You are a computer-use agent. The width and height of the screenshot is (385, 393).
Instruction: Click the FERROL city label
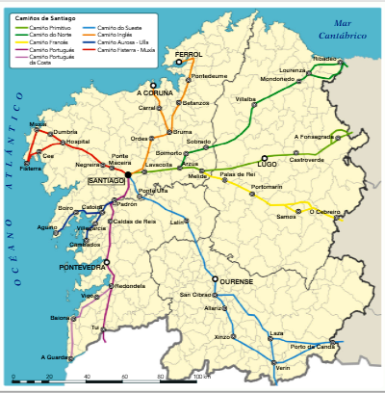[190, 55]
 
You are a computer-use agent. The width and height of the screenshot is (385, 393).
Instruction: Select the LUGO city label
[267, 165]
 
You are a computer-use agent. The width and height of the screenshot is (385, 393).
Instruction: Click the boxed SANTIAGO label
[106, 181]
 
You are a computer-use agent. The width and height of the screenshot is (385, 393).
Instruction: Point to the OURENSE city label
[236, 281]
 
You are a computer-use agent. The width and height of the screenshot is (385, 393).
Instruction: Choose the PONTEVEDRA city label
[82, 267]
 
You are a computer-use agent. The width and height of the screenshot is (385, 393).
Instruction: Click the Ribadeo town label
[324, 59]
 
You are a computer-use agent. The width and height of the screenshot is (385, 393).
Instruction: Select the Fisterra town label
[31, 170]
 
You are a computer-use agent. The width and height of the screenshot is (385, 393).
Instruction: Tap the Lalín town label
[177, 223]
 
